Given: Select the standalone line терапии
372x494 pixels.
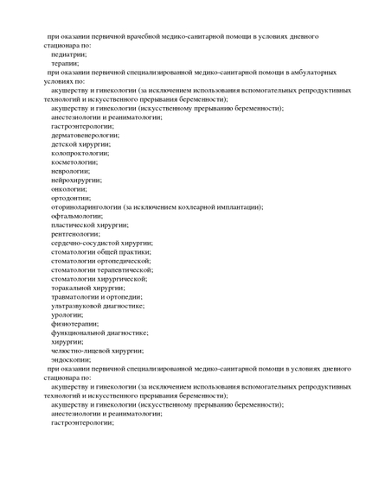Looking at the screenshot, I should pyautogui.click(x=65, y=63).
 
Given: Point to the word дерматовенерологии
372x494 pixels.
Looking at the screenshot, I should pyautogui.click(x=85, y=135).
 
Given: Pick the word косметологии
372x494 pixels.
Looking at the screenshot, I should pyautogui.click(x=74, y=161).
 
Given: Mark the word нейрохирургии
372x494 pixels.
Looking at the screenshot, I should pyautogui.click(x=76, y=180).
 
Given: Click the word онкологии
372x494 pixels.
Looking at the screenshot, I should pyautogui.click(x=69, y=188).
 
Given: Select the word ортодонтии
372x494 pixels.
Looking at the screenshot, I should pyautogui.click(x=70, y=198).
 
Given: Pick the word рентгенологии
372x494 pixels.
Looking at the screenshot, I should pyautogui.click(x=76, y=233).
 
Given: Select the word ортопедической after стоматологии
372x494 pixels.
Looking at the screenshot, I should pyautogui.click(x=124, y=261).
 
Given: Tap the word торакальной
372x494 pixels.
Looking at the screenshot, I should pyautogui.click(x=74, y=288).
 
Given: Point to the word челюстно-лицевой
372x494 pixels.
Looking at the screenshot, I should pyautogui.click(x=80, y=351).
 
